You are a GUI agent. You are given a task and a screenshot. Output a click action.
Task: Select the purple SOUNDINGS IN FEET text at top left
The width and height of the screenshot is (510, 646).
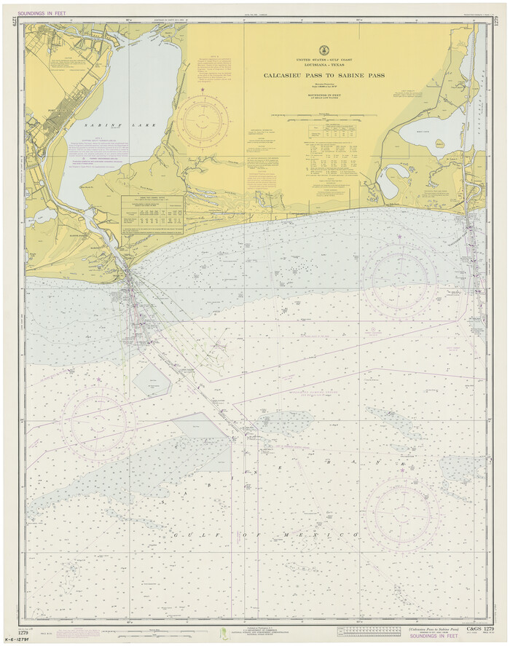42,13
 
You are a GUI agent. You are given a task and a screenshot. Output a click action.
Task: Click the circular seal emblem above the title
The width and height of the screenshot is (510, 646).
323,49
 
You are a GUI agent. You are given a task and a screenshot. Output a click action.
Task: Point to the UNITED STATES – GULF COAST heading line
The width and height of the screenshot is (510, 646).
323,59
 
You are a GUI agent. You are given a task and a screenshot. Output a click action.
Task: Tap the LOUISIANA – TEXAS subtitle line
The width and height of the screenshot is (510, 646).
323,65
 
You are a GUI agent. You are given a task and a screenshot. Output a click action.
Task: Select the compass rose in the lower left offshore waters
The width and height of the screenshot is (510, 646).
98,422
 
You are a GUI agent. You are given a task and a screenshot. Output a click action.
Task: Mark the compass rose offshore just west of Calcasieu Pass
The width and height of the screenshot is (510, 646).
399,279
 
